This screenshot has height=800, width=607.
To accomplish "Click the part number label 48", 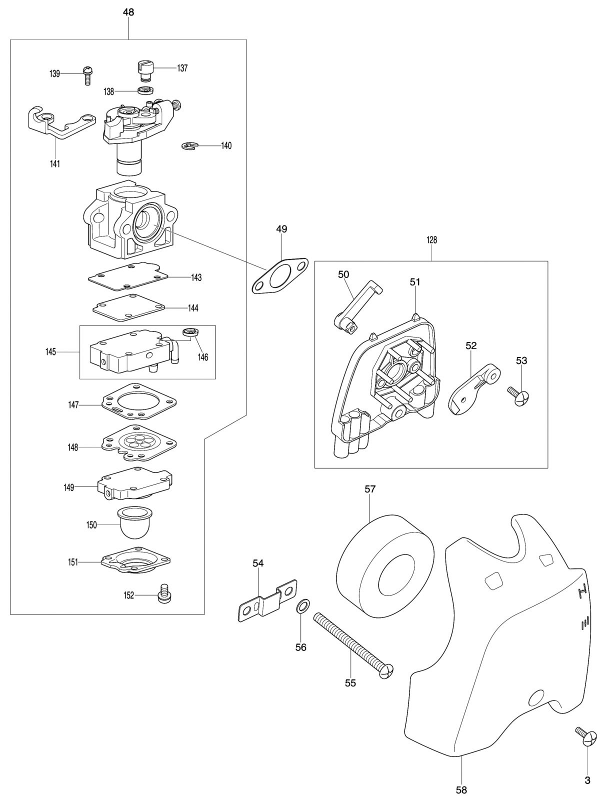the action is tap(128, 12).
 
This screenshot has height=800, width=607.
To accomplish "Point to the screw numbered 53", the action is tap(518, 395).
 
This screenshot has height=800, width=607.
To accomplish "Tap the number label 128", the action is tap(431, 240).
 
